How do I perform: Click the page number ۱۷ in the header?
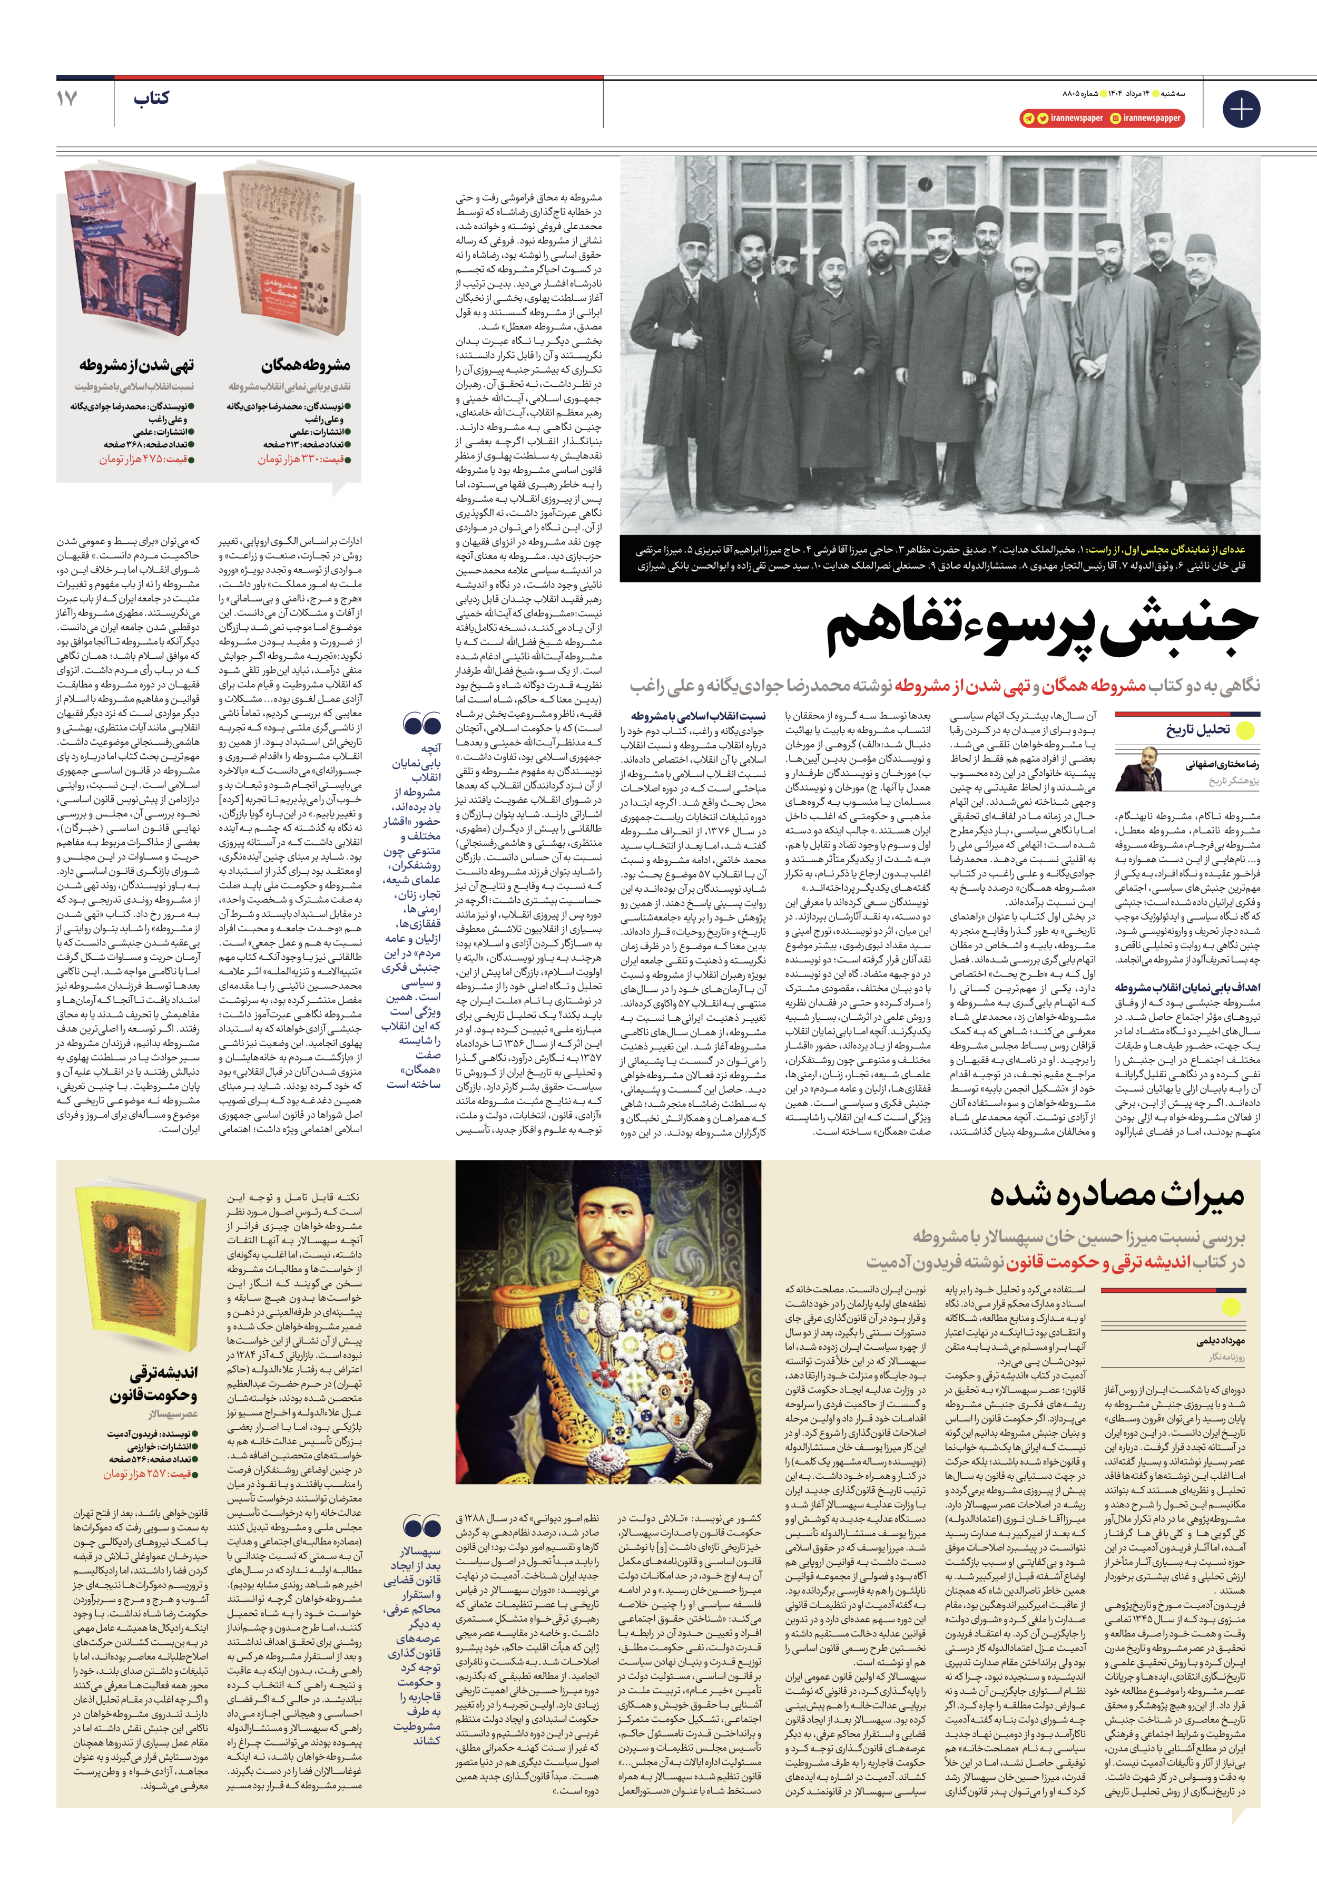click(x=67, y=99)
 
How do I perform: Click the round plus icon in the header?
click(x=1241, y=109)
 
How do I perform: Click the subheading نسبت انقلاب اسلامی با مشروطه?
click(x=697, y=716)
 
